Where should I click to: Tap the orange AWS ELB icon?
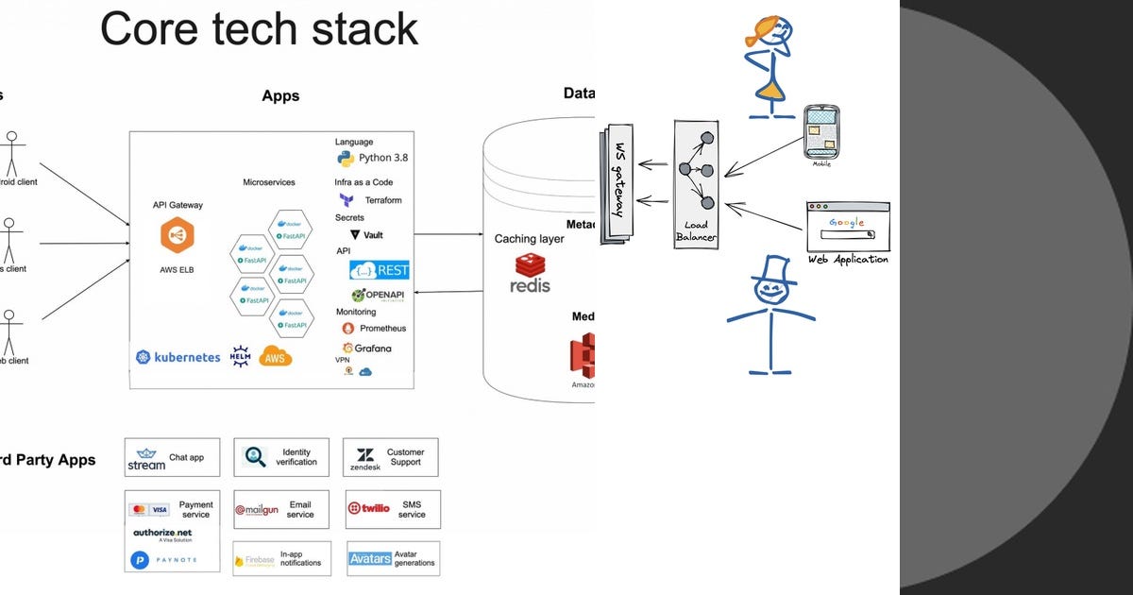pyautogui.click(x=178, y=235)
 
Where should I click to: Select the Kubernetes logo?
pyautogui.click(x=178, y=357)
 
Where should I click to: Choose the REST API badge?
pyautogui.click(x=380, y=270)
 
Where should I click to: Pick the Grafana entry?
pyautogui.click(x=367, y=348)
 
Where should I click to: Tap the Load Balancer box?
pyautogui.click(x=696, y=183)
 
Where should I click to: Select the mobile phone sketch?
pyautogui.click(x=821, y=133)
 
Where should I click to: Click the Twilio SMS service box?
pyautogui.click(x=392, y=509)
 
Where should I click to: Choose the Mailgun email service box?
pyautogui.click(x=281, y=509)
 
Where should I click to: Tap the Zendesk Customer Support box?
pyautogui.click(x=392, y=457)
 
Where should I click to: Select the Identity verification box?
pyautogui.click(x=281, y=457)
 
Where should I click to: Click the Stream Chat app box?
pyautogui.click(x=172, y=457)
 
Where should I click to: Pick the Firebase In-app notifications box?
pyautogui.click(x=281, y=559)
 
